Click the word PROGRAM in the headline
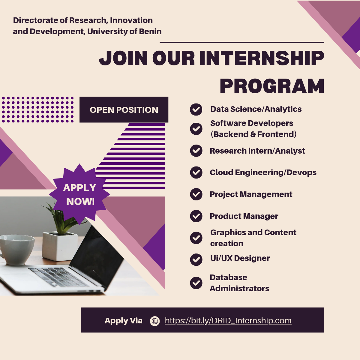272,86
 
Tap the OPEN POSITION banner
124,110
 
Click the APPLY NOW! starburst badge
79,194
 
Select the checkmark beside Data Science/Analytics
196,109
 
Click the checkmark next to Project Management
196,194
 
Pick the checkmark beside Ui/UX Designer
196,259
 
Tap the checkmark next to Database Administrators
196,283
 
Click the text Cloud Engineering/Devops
263,172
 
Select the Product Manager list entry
244,216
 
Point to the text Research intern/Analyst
257,151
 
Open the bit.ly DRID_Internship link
228,321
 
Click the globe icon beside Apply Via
155,321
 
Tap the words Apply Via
124,321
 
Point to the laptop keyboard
58,277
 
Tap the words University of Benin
124,31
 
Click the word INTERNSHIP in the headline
262,58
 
